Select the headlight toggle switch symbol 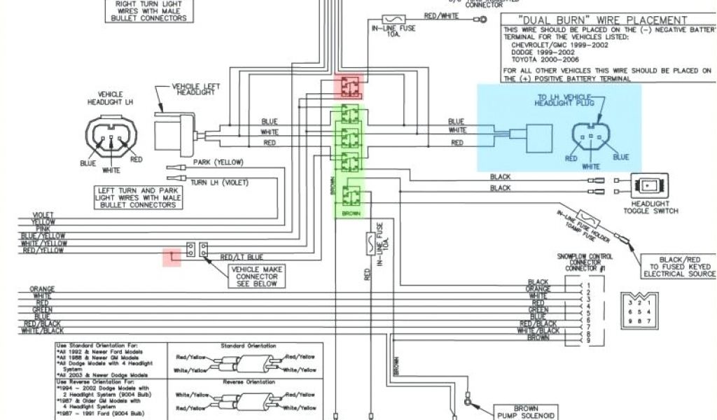point(649,185)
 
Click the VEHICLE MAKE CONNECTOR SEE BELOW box point(257,276)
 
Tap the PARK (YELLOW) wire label point(218,162)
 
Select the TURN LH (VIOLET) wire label point(218,182)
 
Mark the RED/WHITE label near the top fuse point(441,15)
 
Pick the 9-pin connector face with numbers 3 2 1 point(639,309)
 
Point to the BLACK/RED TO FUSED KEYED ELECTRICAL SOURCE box point(678,267)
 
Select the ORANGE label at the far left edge point(42,288)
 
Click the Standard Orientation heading point(248,346)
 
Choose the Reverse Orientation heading point(248,382)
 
